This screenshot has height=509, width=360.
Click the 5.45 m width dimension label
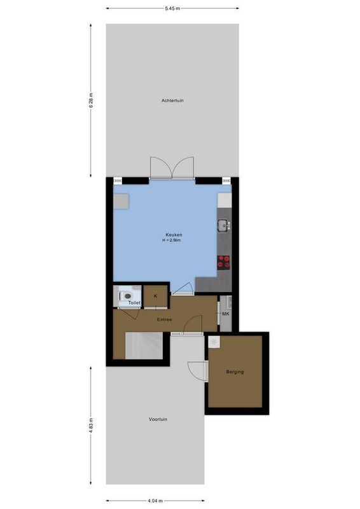tap(172, 9)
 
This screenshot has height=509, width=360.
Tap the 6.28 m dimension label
tap(91, 101)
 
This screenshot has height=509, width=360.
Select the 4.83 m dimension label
tap(91, 423)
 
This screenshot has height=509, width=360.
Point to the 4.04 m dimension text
tap(156, 501)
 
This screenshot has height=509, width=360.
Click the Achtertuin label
tap(172, 101)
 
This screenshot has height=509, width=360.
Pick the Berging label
tap(235, 372)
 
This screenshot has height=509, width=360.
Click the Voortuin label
tap(158, 419)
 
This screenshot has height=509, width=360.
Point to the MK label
tap(225, 313)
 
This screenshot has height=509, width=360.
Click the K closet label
tap(155, 296)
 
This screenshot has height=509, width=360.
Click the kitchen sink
tap(223, 225)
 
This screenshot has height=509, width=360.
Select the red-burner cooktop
tap(224, 260)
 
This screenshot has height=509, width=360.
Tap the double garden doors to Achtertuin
tap(170, 167)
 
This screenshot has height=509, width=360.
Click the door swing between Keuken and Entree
tap(183, 289)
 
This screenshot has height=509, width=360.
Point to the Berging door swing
tap(198, 370)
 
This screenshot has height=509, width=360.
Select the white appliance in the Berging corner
tap(214, 342)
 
